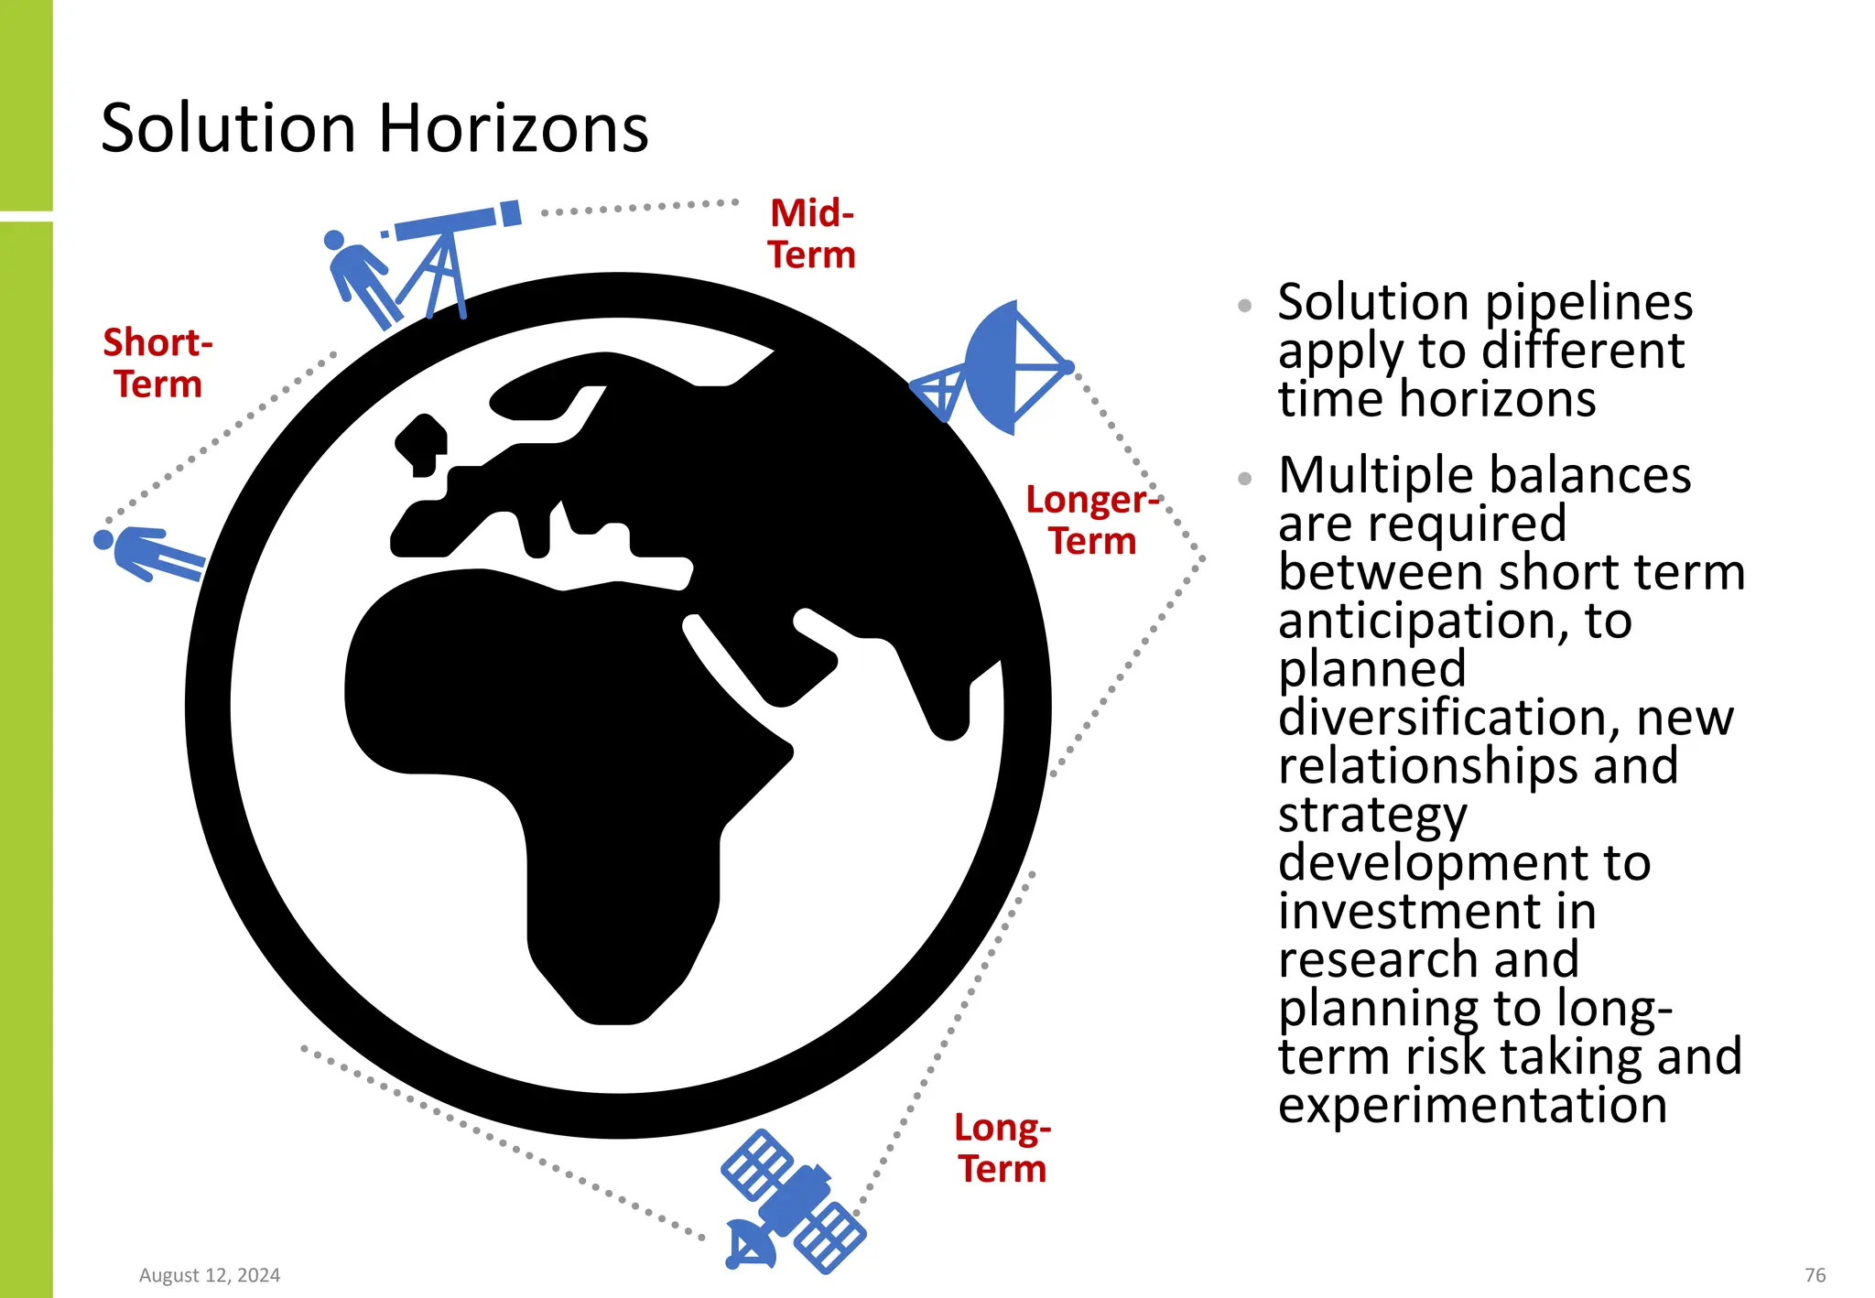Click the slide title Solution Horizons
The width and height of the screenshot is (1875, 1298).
(x=374, y=128)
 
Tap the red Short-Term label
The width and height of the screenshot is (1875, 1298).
(x=157, y=363)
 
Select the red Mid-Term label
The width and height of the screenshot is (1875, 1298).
(x=812, y=234)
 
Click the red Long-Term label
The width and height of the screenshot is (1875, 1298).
(x=1003, y=1148)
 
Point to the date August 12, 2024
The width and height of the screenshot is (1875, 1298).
(x=210, y=1275)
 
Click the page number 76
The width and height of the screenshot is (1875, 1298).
(x=1815, y=1275)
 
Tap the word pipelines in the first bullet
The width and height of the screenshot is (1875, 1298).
(x=1588, y=302)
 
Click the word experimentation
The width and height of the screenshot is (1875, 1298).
(x=1472, y=1104)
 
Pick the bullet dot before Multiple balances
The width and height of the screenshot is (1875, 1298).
(x=1244, y=478)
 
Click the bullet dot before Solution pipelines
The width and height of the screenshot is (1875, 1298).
(x=1244, y=306)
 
